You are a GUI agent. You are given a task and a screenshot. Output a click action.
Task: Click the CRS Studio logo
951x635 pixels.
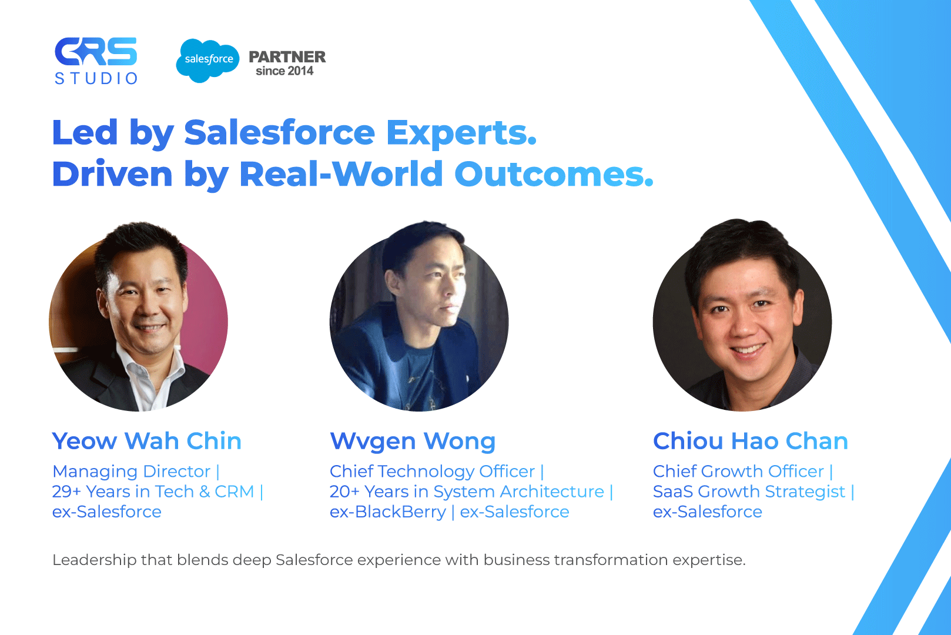[96, 61]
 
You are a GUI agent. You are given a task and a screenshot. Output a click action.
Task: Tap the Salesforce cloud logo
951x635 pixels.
[207, 61]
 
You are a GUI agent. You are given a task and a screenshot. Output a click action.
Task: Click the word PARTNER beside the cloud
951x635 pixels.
[287, 57]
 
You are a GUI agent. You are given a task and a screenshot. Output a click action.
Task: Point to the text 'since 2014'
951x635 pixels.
[284, 71]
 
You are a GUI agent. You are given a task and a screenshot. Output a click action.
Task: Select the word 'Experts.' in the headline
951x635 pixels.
[461, 133]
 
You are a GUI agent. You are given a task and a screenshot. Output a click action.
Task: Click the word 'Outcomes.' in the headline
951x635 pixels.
[554, 174]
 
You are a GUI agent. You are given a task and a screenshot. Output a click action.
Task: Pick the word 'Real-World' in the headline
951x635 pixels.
[341, 174]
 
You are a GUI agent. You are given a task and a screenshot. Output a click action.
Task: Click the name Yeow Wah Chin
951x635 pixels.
[146, 441]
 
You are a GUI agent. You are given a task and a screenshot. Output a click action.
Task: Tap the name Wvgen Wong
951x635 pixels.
[413, 442]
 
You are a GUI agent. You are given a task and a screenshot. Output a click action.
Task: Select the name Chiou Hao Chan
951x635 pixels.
[750, 441]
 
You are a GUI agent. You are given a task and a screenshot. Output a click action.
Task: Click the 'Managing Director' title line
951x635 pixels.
[131, 472]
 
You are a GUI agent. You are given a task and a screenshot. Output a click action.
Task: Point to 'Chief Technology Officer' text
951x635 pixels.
[432, 472]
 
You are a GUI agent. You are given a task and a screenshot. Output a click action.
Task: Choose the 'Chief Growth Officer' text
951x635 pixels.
[738, 472]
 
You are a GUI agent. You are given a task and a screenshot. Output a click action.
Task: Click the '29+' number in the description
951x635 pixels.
[66, 492]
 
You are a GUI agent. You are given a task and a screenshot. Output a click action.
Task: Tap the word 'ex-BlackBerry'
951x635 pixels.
[387, 512]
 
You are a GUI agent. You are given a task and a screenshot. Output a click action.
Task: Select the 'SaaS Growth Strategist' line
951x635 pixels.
[749, 492]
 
